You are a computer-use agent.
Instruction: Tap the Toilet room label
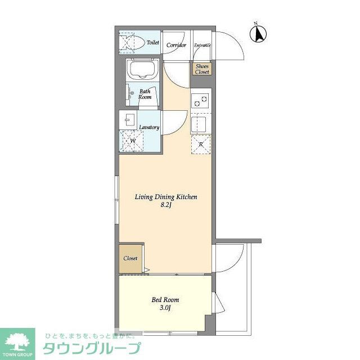point(152,43)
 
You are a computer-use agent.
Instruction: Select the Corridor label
point(177,44)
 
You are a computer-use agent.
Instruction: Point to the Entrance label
point(202,45)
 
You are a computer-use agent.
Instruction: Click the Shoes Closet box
point(202,69)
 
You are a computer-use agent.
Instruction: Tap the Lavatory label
point(149,127)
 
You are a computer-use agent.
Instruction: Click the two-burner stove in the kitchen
point(200,102)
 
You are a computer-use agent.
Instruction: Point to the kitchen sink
point(201,123)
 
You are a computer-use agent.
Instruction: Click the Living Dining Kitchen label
point(165,197)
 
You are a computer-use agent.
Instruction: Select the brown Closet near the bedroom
point(130,258)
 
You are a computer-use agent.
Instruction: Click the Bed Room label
point(165,300)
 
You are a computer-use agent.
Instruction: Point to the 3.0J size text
point(166,308)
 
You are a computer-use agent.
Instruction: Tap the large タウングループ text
point(91,348)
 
